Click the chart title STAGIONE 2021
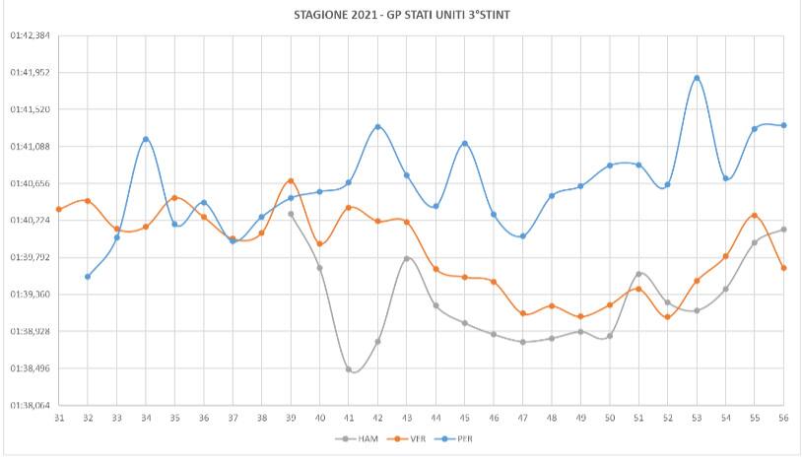click(x=402, y=15)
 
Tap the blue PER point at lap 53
click(x=697, y=78)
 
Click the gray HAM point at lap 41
click(x=349, y=369)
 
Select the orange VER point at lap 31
click(x=59, y=209)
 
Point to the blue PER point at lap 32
click(x=88, y=277)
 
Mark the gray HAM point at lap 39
click(x=291, y=214)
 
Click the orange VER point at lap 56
click(x=783, y=268)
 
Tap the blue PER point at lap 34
click(x=146, y=139)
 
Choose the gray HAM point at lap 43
click(x=407, y=259)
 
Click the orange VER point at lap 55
click(x=755, y=215)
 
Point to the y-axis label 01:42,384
click(x=30, y=35)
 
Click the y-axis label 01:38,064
click(x=30, y=405)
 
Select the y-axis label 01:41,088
click(x=30, y=147)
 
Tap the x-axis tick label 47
click(x=522, y=418)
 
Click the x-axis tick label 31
click(x=59, y=418)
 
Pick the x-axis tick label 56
click(x=783, y=418)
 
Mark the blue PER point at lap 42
click(x=377, y=127)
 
